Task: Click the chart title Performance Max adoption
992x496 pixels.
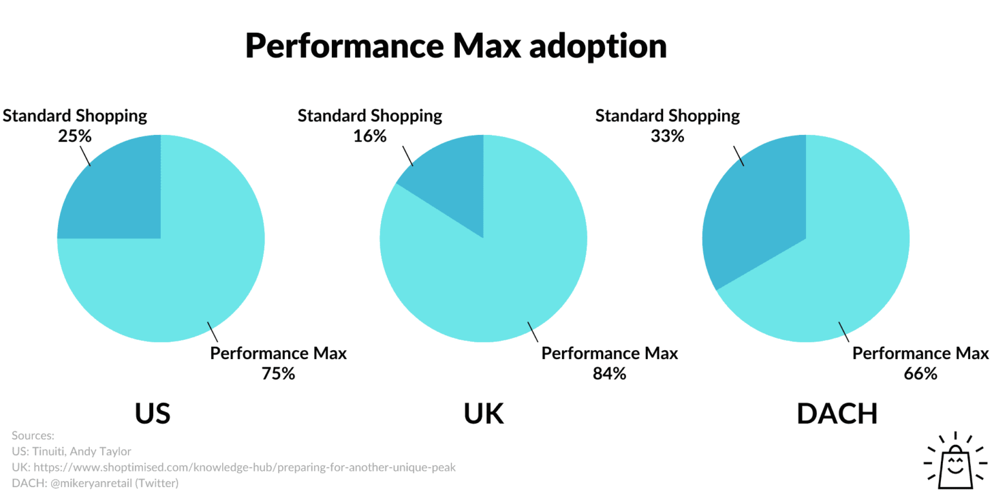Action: pyautogui.click(x=455, y=46)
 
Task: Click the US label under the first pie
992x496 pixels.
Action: pyautogui.click(x=152, y=414)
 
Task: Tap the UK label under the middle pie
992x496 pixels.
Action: pyautogui.click(x=484, y=414)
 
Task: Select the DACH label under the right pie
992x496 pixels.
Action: pyautogui.click(x=837, y=414)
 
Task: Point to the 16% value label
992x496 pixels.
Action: pyautogui.click(x=369, y=136)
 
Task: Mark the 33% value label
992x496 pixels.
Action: pyautogui.click(x=667, y=136)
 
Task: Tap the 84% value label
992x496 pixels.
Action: pyautogui.click(x=609, y=373)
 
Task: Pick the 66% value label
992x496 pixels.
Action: pyautogui.click(x=920, y=373)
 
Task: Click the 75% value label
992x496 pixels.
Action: pyautogui.click(x=278, y=373)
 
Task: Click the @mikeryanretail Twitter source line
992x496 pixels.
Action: pyautogui.click(x=95, y=483)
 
